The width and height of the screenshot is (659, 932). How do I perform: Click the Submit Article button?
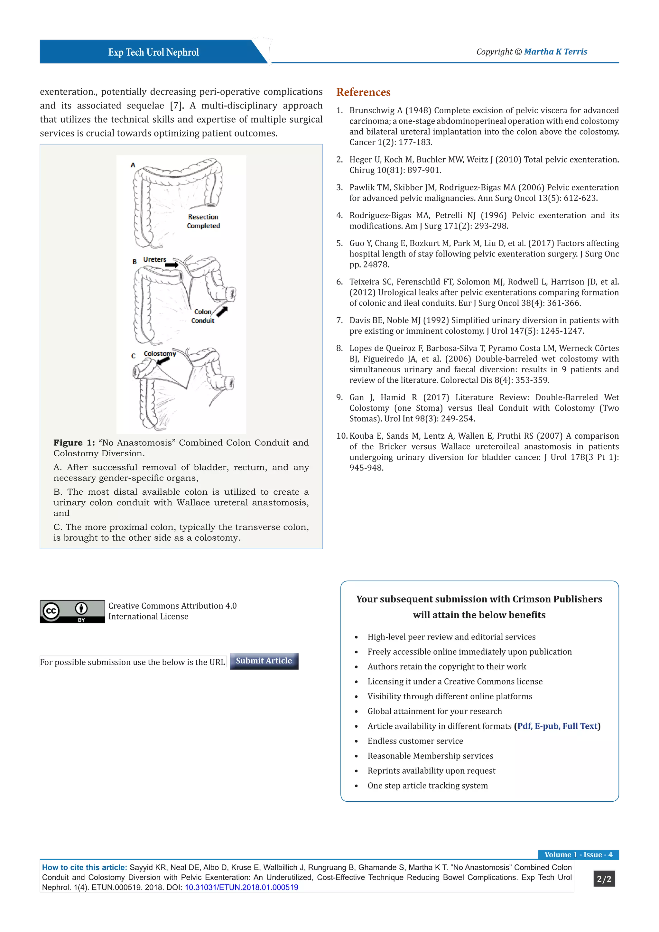click(264, 660)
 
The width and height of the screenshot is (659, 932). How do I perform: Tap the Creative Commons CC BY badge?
click(72, 611)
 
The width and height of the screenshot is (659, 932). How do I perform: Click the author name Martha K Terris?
click(555, 51)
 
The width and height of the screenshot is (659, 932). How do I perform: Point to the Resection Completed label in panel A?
click(203, 221)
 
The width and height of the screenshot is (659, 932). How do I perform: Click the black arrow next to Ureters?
click(172, 265)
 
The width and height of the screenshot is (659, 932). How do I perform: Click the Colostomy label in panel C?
click(160, 354)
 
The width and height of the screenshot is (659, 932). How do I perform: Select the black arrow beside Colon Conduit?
click(222, 311)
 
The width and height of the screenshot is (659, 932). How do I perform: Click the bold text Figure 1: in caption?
click(74, 443)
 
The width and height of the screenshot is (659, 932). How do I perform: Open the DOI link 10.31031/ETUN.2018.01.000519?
click(241, 887)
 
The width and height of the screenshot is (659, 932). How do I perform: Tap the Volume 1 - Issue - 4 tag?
click(578, 854)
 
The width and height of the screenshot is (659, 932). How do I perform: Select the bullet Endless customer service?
click(415, 741)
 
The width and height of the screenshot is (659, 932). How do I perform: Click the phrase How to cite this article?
click(84, 867)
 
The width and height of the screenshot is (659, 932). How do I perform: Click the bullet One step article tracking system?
click(427, 786)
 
